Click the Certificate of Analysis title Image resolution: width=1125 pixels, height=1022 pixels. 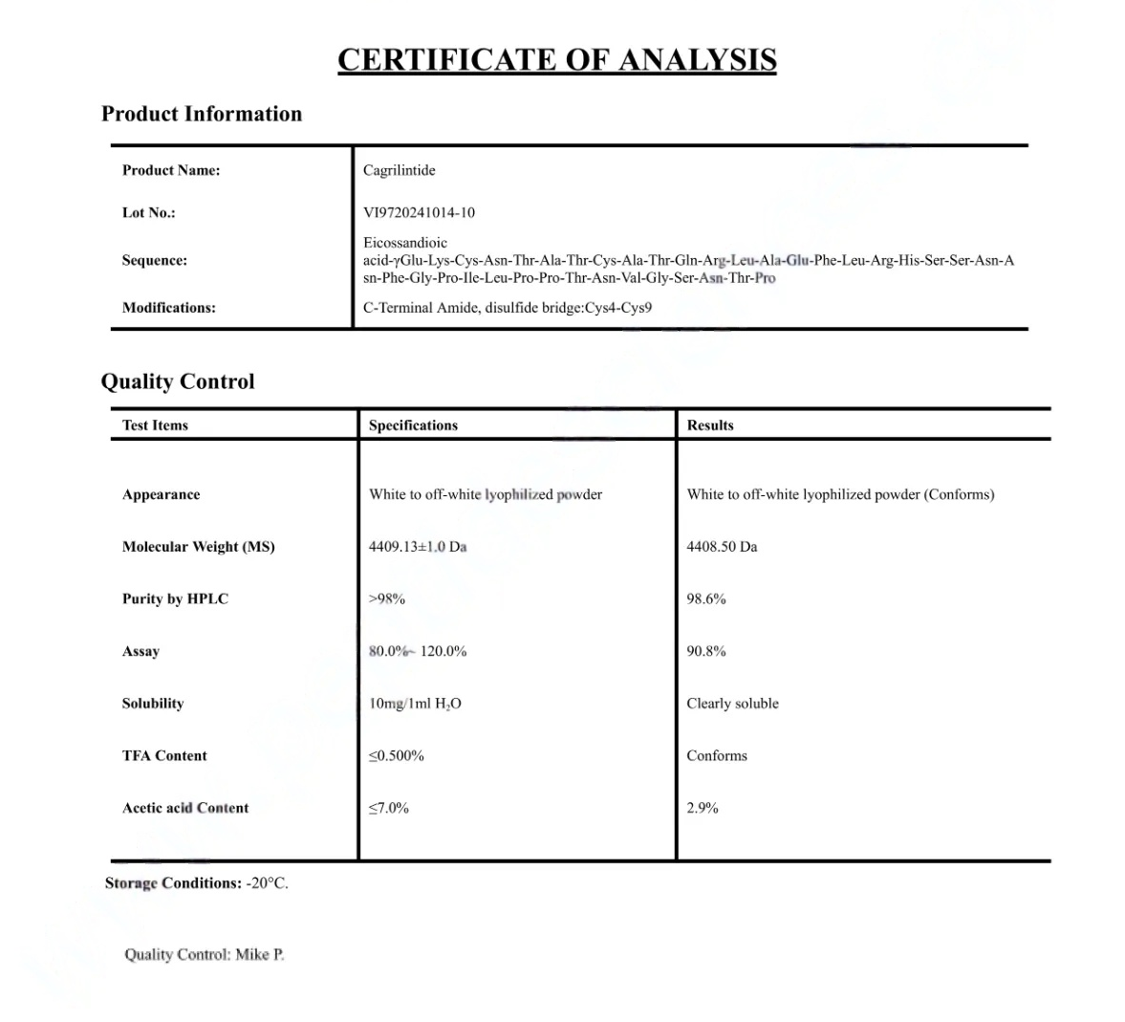(x=556, y=60)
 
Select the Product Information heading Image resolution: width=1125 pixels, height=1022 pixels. (x=202, y=114)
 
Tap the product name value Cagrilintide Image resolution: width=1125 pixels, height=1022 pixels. (x=399, y=170)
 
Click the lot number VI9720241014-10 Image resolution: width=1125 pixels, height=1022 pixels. (x=419, y=212)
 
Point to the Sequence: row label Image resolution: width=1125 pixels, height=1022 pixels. (x=155, y=260)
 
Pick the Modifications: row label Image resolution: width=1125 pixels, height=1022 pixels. (x=169, y=308)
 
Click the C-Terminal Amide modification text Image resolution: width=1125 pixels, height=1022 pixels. (x=421, y=308)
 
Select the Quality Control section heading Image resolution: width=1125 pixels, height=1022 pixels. (x=178, y=381)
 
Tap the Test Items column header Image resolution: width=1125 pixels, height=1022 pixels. (x=155, y=425)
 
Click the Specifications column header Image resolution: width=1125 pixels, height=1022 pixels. (x=413, y=425)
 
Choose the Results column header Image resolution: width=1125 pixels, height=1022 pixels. (x=710, y=425)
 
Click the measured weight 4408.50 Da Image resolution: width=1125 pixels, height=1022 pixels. (x=722, y=547)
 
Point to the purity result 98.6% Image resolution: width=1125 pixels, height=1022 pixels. (x=706, y=599)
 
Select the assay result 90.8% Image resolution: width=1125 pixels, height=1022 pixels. (x=706, y=651)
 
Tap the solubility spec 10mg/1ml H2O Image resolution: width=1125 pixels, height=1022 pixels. (x=415, y=704)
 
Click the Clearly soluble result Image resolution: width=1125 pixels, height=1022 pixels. (x=732, y=704)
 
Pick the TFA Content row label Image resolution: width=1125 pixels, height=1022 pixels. (x=164, y=755)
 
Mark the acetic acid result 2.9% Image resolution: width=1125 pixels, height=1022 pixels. (x=703, y=808)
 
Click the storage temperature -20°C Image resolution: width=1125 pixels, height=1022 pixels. (x=267, y=883)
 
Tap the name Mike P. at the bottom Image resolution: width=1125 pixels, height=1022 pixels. (x=260, y=954)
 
